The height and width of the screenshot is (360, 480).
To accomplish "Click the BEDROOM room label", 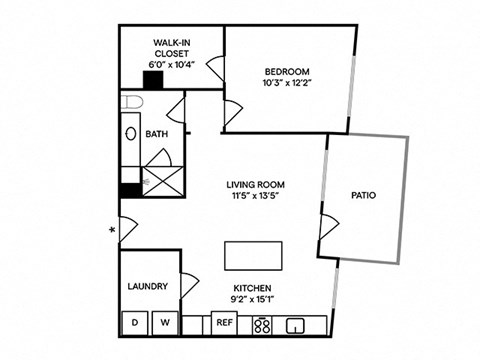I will click(x=287, y=71).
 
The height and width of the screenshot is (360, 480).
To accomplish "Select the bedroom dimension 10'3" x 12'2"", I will click(x=287, y=83).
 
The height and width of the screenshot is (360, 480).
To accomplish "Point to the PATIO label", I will click(x=363, y=196).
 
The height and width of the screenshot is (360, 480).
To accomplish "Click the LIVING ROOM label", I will click(x=256, y=184).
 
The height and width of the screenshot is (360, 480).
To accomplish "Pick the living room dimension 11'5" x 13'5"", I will click(x=256, y=196).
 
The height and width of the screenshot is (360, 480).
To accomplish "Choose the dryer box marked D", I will click(x=135, y=324).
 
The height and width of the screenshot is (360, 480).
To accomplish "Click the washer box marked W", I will click(x=166, y=324).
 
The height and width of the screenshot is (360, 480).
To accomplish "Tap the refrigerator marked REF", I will click(x=224, y=324).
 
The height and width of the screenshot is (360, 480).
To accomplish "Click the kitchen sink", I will click(x=295, y=324).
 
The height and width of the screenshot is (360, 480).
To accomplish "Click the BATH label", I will click(x=156, y=133).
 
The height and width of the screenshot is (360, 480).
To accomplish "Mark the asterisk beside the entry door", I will click(x=112, y=231).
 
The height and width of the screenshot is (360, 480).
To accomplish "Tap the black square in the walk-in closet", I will click(x=153, y=80).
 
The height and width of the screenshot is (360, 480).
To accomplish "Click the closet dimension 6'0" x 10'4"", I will click(x=172, y=64).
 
